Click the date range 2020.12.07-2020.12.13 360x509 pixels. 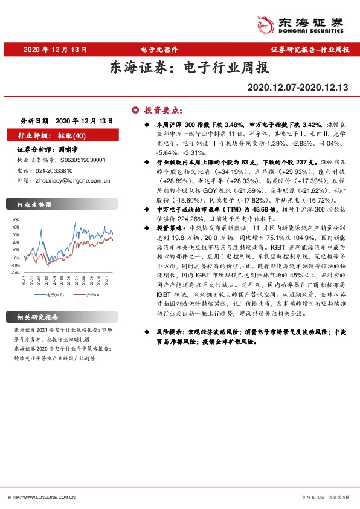[x=298, y=88]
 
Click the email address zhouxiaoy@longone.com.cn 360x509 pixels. [x=72, y=180]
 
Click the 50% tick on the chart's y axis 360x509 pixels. [x=16, y=221]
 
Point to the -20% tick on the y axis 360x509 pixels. [x=15, y=273]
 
